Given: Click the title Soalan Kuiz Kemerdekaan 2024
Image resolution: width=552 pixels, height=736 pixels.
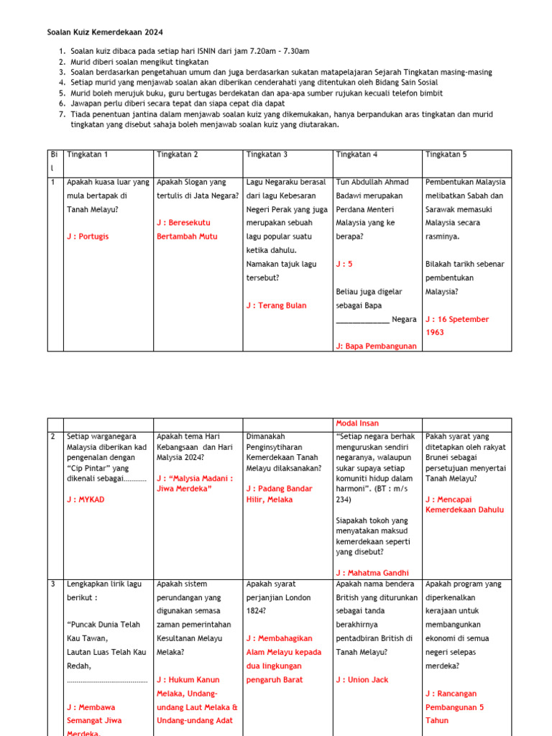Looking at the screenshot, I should tap(105, 32).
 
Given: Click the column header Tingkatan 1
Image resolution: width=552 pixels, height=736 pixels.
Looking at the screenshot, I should tap(87, 155).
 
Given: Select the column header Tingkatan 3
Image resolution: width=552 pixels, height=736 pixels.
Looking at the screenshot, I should tap(267, 155).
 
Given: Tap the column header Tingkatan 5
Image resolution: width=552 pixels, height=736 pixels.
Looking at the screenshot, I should tap(446, 155).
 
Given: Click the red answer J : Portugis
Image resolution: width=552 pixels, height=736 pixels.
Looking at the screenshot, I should tap(88, 236).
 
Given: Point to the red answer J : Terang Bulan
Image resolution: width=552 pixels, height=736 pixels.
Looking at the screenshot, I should tap(276, 305).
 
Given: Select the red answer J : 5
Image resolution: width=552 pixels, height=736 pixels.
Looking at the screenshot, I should tap(344, 264).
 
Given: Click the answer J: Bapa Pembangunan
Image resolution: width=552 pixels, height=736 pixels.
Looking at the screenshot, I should tap(376, 346).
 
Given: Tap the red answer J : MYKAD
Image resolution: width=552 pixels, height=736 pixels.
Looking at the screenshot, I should tap(86, 500).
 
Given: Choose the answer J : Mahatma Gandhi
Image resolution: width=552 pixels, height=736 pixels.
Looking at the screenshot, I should tap(372, 573).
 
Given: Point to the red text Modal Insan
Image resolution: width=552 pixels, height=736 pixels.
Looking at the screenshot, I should tap(357, 423).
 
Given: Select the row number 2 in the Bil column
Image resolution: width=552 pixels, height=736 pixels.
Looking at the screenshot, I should tap(53, 436).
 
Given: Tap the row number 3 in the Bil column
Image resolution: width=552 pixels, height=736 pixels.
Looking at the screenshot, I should tap(53, 584).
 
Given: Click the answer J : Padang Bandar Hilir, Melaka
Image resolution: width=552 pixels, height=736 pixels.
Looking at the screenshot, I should tap(279, 494).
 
